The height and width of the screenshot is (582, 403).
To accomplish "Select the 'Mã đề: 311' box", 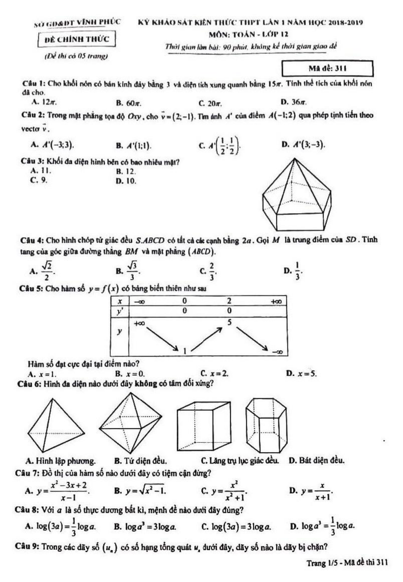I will pos(327,68).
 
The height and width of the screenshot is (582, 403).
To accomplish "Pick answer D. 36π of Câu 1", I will pos(294,102).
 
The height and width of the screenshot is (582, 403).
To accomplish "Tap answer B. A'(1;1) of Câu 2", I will pos(134,145).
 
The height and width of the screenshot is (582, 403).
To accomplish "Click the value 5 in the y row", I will pos(229,322).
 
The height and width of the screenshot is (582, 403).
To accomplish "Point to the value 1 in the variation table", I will pos(185,351).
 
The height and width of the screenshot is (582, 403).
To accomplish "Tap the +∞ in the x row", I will pos(276,301).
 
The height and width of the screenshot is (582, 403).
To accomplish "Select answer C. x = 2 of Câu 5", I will pos(214,374).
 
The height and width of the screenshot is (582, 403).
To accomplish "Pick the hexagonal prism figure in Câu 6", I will pos(266,425).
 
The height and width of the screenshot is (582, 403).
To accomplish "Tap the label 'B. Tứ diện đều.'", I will pos(140,461).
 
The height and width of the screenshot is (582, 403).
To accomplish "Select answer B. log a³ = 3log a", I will pos(145,527).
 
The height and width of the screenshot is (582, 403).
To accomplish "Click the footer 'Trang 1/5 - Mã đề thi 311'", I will pos(347,563).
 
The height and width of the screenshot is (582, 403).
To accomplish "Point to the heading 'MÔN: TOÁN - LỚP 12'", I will pos(248,34).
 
